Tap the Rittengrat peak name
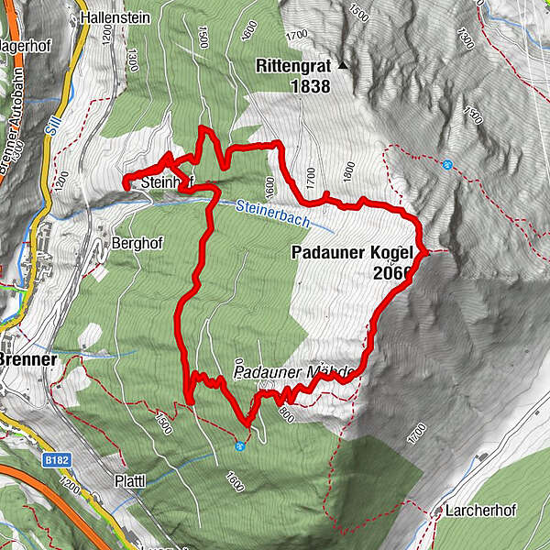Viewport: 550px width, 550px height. point(292,65)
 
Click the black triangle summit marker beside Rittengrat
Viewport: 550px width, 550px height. point(344,65)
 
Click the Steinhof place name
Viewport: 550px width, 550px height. point(165,184)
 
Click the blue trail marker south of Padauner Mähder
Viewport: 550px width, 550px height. point(240,446)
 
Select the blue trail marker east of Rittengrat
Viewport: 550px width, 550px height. point(446,165)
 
